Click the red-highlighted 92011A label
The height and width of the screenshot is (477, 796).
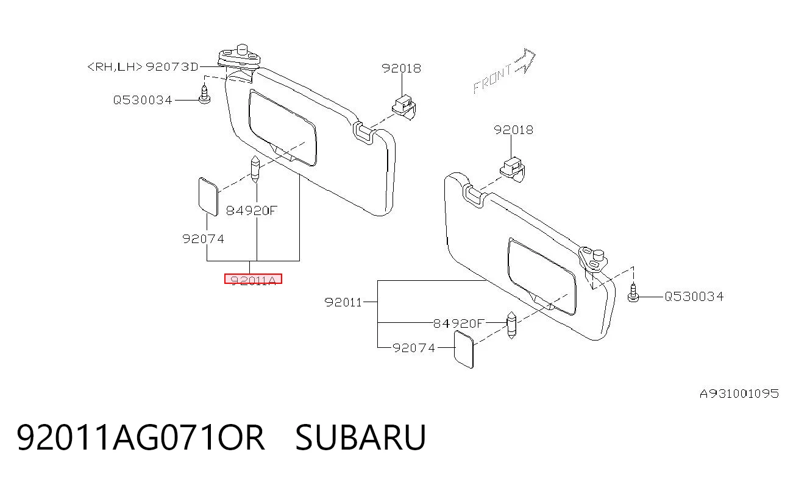pos(253,279)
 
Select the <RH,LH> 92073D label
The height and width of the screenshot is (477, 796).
pos(143,67)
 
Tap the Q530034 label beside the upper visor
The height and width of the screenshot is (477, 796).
pos(143,100)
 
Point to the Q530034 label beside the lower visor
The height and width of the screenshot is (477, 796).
pos(694,296)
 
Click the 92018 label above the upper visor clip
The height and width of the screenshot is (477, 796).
pos(401,68)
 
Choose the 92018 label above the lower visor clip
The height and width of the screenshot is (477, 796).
pos(513,130)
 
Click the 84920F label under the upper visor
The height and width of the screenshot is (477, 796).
pos(252,211)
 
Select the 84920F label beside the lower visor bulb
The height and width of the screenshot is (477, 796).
pos(459,323)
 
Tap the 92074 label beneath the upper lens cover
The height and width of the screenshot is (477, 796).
pos(203,239)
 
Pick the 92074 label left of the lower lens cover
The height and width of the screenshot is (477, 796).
pos(414,348)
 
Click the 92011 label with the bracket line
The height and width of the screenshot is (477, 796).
pos(343,302)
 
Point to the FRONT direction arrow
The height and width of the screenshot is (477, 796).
pos(504,71)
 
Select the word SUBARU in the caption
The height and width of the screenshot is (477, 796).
pos(360,437)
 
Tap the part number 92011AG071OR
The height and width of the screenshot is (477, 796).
pos(141,437)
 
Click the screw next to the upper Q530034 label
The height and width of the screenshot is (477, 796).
pos(204,94)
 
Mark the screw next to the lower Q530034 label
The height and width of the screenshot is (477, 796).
pos(633,293)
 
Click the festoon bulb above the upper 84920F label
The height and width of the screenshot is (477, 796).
pos(255,169)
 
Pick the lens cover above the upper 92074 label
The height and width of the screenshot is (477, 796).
pos(208,197)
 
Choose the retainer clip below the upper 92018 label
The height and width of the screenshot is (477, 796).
pos(404,107)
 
